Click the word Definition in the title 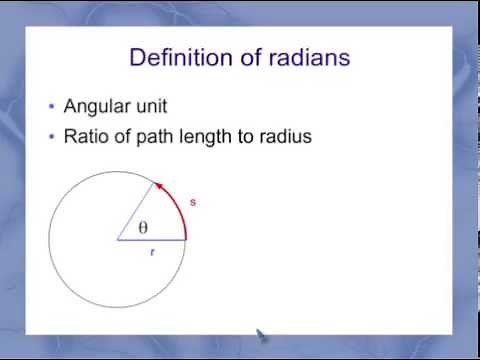click(x=177, y=57)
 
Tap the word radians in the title click(x=304, y=57)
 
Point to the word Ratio click(x=85, y=136)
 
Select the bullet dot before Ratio click(x=52, y=137)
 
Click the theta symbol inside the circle click(x=142, y=228)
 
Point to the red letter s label click(x=192, y=202)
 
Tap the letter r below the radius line click(x=152, y=253)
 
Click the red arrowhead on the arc click(x=156, y=186)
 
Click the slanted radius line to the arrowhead click(x=137, y=211)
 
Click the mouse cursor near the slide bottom click(x=262, y=336)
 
